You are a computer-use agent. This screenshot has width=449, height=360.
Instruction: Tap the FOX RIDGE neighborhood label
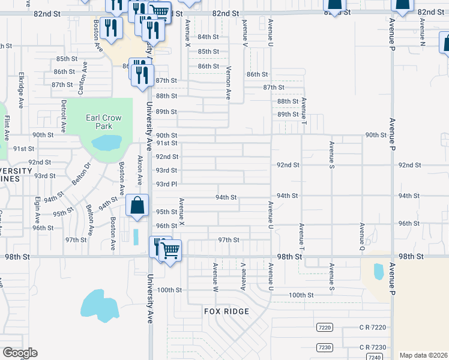click(x=226, y=311)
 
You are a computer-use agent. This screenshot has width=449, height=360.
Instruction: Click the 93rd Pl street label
click(x=166, y=184)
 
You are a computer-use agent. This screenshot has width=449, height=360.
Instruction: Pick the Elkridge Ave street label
click(x=21, y=91)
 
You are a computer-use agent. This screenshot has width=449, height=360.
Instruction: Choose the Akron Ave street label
click(x=139, y=172)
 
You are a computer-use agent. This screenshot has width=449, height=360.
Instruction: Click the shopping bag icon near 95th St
click(x=137, y=205)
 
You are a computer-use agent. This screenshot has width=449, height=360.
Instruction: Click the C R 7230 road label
click(x=373, y=347)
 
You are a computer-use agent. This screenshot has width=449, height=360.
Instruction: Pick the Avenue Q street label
click(x=362, y=236)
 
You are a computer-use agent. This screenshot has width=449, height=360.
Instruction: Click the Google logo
click(x=20, y=353)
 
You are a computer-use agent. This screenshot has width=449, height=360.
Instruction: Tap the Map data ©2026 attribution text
click(x=423, y=355)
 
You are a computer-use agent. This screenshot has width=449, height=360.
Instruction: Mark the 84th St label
click(x=208, y=37)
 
